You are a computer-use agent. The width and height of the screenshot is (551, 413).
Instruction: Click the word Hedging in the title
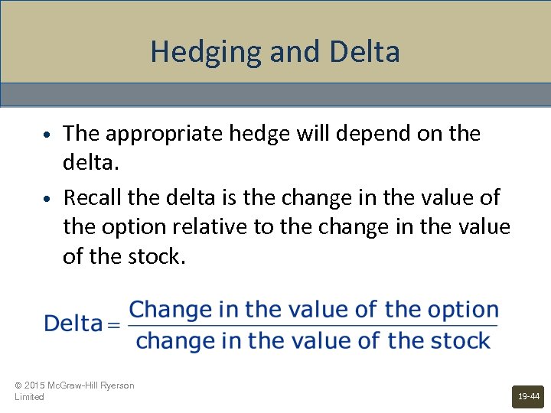pos(194,53)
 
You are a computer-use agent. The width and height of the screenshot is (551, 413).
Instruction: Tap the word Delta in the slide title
pos(364,53)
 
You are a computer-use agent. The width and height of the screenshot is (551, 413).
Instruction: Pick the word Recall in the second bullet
pos(93,197)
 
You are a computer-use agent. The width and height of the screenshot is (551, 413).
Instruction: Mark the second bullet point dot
pos(47,199)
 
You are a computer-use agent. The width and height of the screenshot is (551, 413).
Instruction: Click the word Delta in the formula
pos(73,324)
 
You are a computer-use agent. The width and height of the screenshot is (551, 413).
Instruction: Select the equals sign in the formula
pos(114,325)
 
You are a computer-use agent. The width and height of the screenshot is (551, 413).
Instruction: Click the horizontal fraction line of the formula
pos(313,326)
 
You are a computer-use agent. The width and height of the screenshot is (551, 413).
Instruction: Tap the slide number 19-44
pos(528,396)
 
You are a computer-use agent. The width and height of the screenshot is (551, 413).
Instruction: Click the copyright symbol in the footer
pos(18,385)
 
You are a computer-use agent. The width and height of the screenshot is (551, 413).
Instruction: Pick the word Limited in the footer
pos(29,397)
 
